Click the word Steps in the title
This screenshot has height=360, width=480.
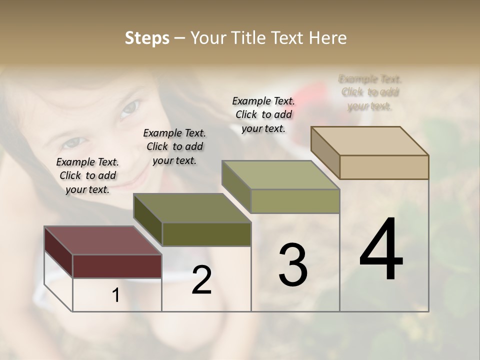point(147,38)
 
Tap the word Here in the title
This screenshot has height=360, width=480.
point(328,38)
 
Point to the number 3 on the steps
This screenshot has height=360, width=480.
point(293,265)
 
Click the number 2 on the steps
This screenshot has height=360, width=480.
point(201,280)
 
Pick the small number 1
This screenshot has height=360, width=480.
point(116,295)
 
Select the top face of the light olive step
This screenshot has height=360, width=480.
point(280,175)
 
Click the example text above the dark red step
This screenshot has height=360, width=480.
point(87,175)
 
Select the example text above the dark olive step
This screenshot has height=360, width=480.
point(174,146)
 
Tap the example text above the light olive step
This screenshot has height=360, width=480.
point(263,114)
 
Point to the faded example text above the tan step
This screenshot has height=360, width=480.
point(370,92)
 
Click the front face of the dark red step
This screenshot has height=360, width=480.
point(117,266)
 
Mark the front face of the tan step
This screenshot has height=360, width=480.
point(384,167)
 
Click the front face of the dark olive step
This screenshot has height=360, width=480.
point(206,234)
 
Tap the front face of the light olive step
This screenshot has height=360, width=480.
point(295,201)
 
